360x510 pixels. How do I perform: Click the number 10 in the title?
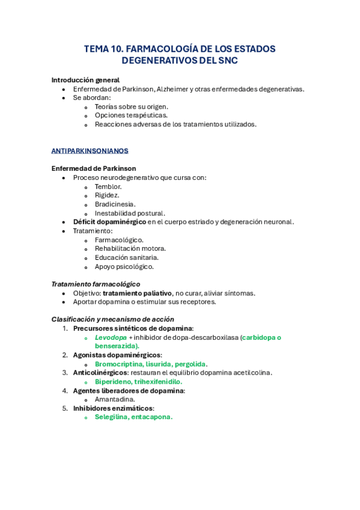tap(115, 49)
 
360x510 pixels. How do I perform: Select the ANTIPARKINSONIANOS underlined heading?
tap(90, 151)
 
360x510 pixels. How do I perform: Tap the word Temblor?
tap(108, 186)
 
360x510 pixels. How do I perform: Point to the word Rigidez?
tap(107, 195)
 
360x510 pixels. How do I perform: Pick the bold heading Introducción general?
tap(85, 80)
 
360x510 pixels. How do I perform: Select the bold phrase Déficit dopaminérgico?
tap(109, 222)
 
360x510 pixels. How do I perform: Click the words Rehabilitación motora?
tap(130, 248)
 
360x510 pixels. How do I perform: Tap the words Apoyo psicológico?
tap(124, 266)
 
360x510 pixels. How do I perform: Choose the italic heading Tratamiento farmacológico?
tap(96, 284)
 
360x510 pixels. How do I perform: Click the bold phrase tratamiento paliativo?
tap(137, 293)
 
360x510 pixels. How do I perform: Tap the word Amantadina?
tap(115, 399)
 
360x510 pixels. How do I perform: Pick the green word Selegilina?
tap(111, 417)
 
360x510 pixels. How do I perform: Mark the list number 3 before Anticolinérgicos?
tap(66, 373)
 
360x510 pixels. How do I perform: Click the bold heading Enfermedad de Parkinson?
tap(94, 168)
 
